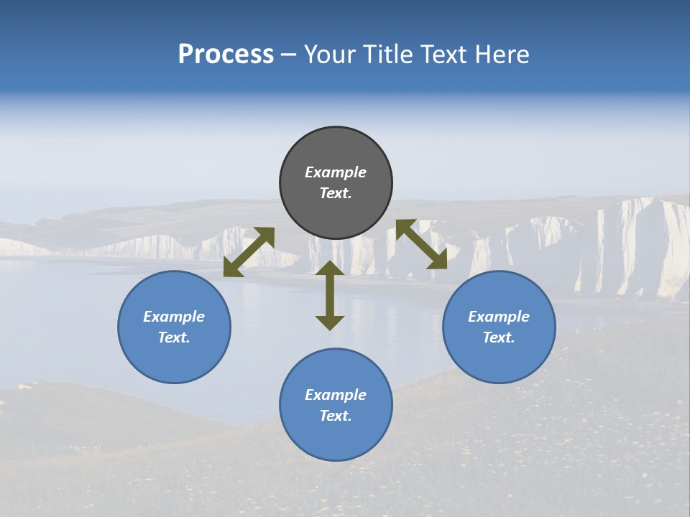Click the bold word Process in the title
tap(226, 55)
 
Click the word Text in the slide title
tap(443, 55)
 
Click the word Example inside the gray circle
tap(336, 172)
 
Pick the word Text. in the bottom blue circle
tap(336, 416)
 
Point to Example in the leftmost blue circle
tap(174, 317)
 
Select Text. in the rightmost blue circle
tap(499, 337)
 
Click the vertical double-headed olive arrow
tap(330, 295)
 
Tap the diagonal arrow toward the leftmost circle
tap(249, 251)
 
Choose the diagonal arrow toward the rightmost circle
tap(421, 244)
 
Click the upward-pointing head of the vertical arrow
tap(330, 269)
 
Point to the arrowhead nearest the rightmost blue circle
tap(438, 261)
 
